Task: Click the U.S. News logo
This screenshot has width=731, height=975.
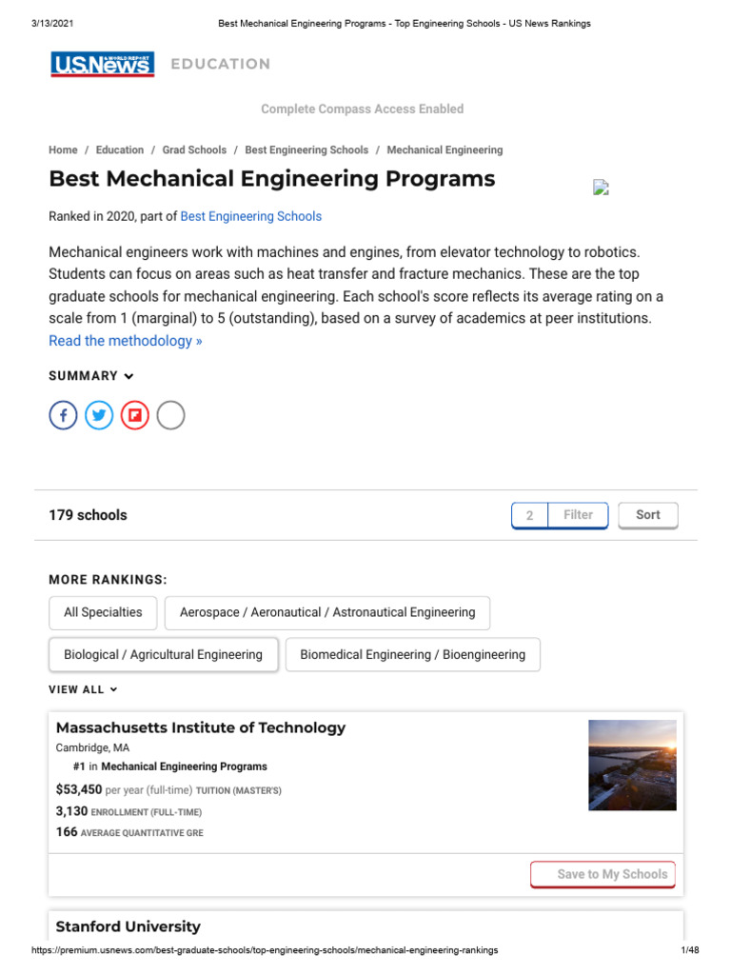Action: [x=103, y=64]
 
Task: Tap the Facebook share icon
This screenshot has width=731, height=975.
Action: [x=63, y=415]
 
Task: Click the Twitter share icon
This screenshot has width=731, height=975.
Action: [x=99, y=415]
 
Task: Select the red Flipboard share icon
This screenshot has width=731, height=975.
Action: [x=135, y=415]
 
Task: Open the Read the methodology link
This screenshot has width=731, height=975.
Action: [x=125, y=341]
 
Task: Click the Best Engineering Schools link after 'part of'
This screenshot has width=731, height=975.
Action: [x=251, y=216]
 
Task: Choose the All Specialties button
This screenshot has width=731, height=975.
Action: [x=103, y=612]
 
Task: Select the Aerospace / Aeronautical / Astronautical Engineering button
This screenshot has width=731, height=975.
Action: [x=327, y=612]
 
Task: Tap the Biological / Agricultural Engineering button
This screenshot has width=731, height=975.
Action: [x=163, y=655]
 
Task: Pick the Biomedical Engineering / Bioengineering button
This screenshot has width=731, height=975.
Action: [x=412, y=655]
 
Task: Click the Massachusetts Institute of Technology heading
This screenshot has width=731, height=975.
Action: [x=201, y=727]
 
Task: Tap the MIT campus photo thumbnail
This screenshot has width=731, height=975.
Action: [x=632, y=766]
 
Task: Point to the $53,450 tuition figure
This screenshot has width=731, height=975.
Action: [x=79, y=789]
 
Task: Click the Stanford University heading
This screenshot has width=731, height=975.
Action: [x=128, y=926]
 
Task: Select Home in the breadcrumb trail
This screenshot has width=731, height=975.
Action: [x=63, y=149]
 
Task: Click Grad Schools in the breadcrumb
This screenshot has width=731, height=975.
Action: [x=194, y=149]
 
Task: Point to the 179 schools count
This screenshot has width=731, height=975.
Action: [x=88, y=515]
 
